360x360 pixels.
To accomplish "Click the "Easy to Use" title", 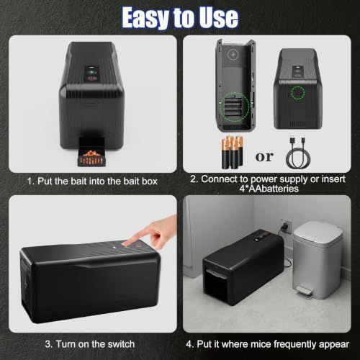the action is click(180, 17).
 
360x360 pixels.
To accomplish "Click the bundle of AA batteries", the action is click(232, 152).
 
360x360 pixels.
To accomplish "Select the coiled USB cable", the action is click(298, 153).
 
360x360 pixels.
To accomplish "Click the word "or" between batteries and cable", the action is click(264, 157).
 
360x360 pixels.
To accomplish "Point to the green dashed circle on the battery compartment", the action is click(235, 105).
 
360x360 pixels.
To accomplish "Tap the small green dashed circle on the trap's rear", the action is click(298, 93).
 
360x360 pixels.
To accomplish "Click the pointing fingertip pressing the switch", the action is click(126, 243).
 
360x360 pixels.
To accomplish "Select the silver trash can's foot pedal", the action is click(305, 291).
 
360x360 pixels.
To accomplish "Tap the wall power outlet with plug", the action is click(286, 226).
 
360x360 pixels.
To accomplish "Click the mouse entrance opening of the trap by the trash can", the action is click(215, 287).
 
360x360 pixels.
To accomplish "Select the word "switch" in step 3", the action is click(121, 344).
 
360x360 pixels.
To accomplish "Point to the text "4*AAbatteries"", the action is click(269, 189).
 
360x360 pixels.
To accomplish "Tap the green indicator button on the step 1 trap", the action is click(91, 72).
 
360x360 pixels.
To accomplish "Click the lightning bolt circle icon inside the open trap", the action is click(232, 55).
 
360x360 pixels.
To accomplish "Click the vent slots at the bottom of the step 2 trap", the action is click(297, 124).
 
